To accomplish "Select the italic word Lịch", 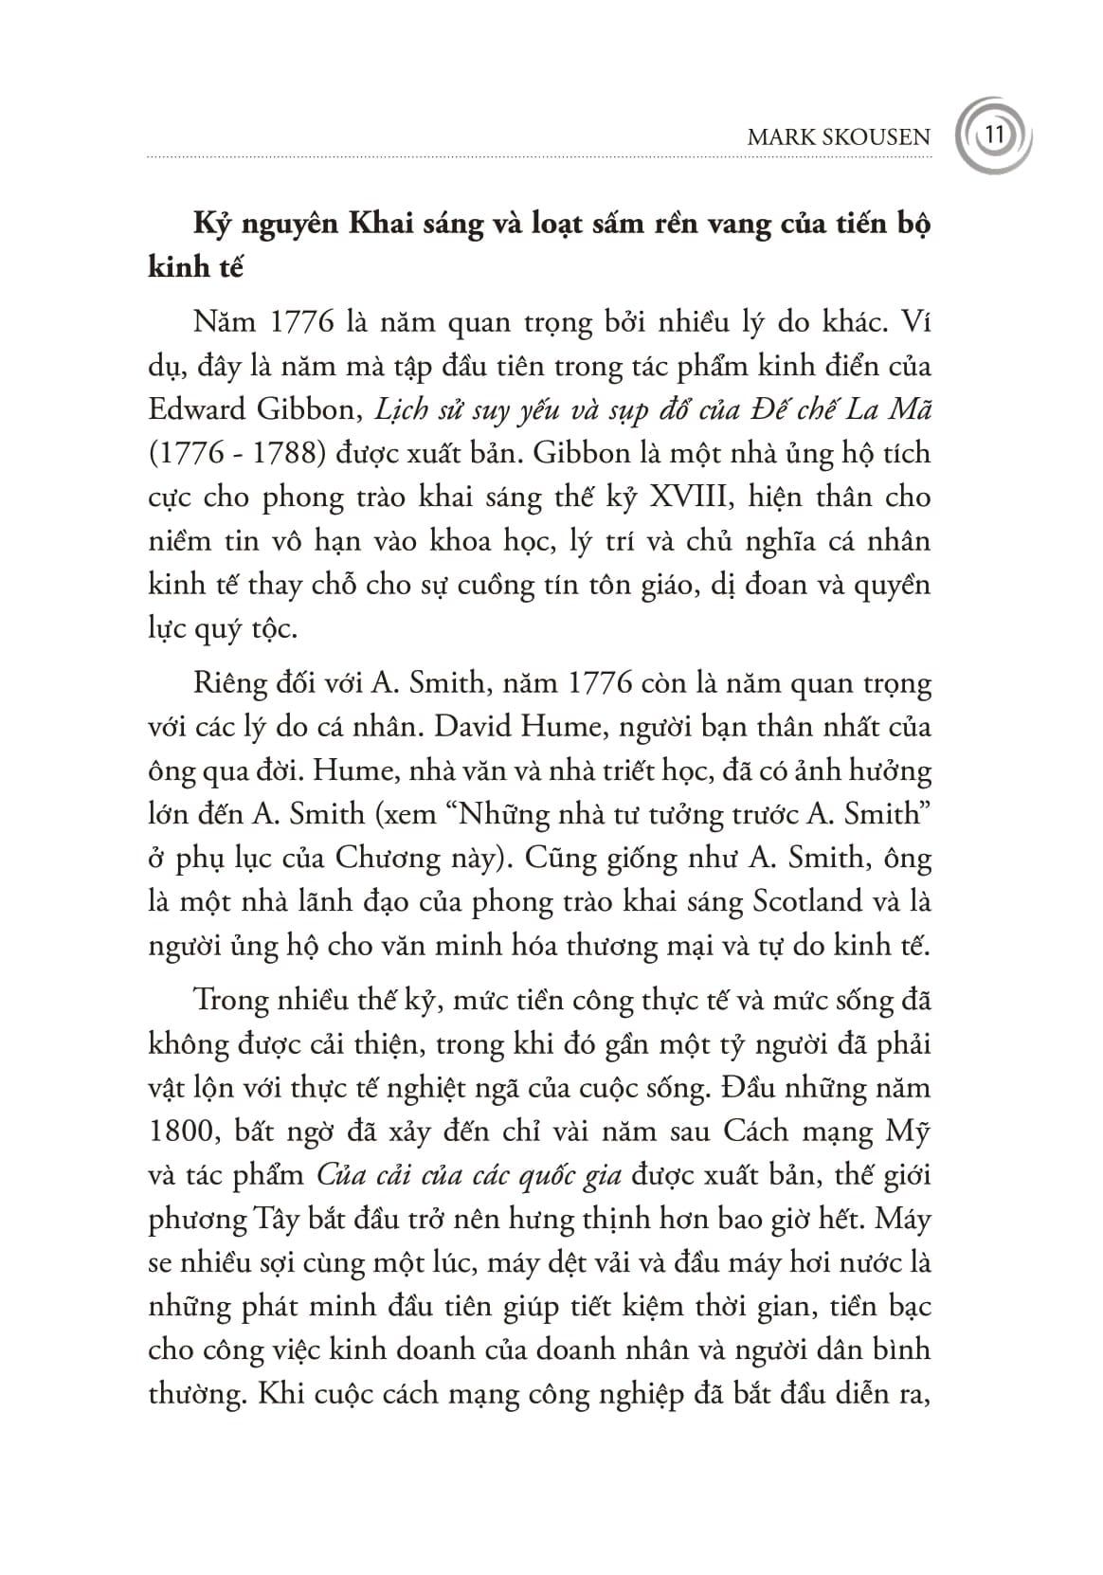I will pyautogui.click(x=395, y=408).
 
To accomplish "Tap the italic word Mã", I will pyautogui.click(x=912, y=408).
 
